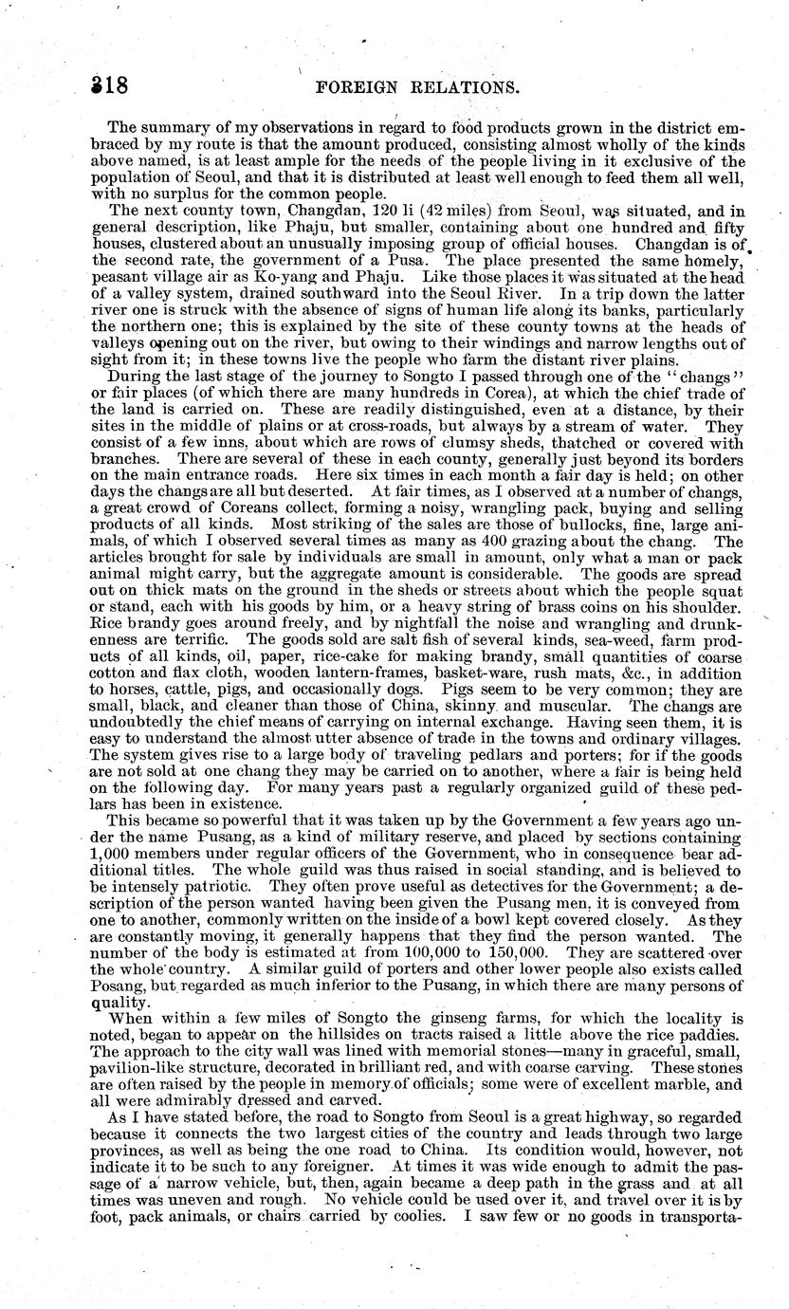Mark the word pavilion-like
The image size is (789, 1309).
(144, 1066)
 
